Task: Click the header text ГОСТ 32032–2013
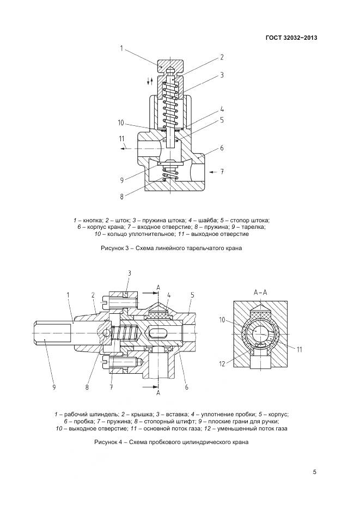click(x=291, y=38)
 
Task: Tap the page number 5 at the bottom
click(x=315, y=472)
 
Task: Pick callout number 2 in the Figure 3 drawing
click(x=222, y=57)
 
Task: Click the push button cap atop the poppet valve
click(x=170, y=66)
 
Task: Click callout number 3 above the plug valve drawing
click(x=130, y=272)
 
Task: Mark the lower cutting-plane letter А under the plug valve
click(x=158, y=392)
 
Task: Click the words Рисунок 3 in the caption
click(x=115, y=248)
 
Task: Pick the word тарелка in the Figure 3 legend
click(x=254, y=227)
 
